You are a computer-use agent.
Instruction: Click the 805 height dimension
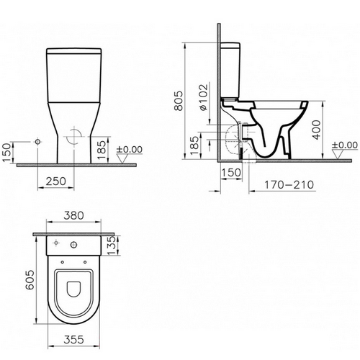179,101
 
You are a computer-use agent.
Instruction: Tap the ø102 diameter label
203,97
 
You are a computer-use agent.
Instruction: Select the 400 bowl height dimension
317,130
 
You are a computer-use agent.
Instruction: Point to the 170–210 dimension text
289,185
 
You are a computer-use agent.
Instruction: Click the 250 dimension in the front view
56,181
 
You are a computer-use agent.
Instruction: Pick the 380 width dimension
73,215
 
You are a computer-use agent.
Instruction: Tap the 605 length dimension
30,279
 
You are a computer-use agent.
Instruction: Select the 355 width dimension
74,339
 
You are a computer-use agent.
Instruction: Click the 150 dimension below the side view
231,172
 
